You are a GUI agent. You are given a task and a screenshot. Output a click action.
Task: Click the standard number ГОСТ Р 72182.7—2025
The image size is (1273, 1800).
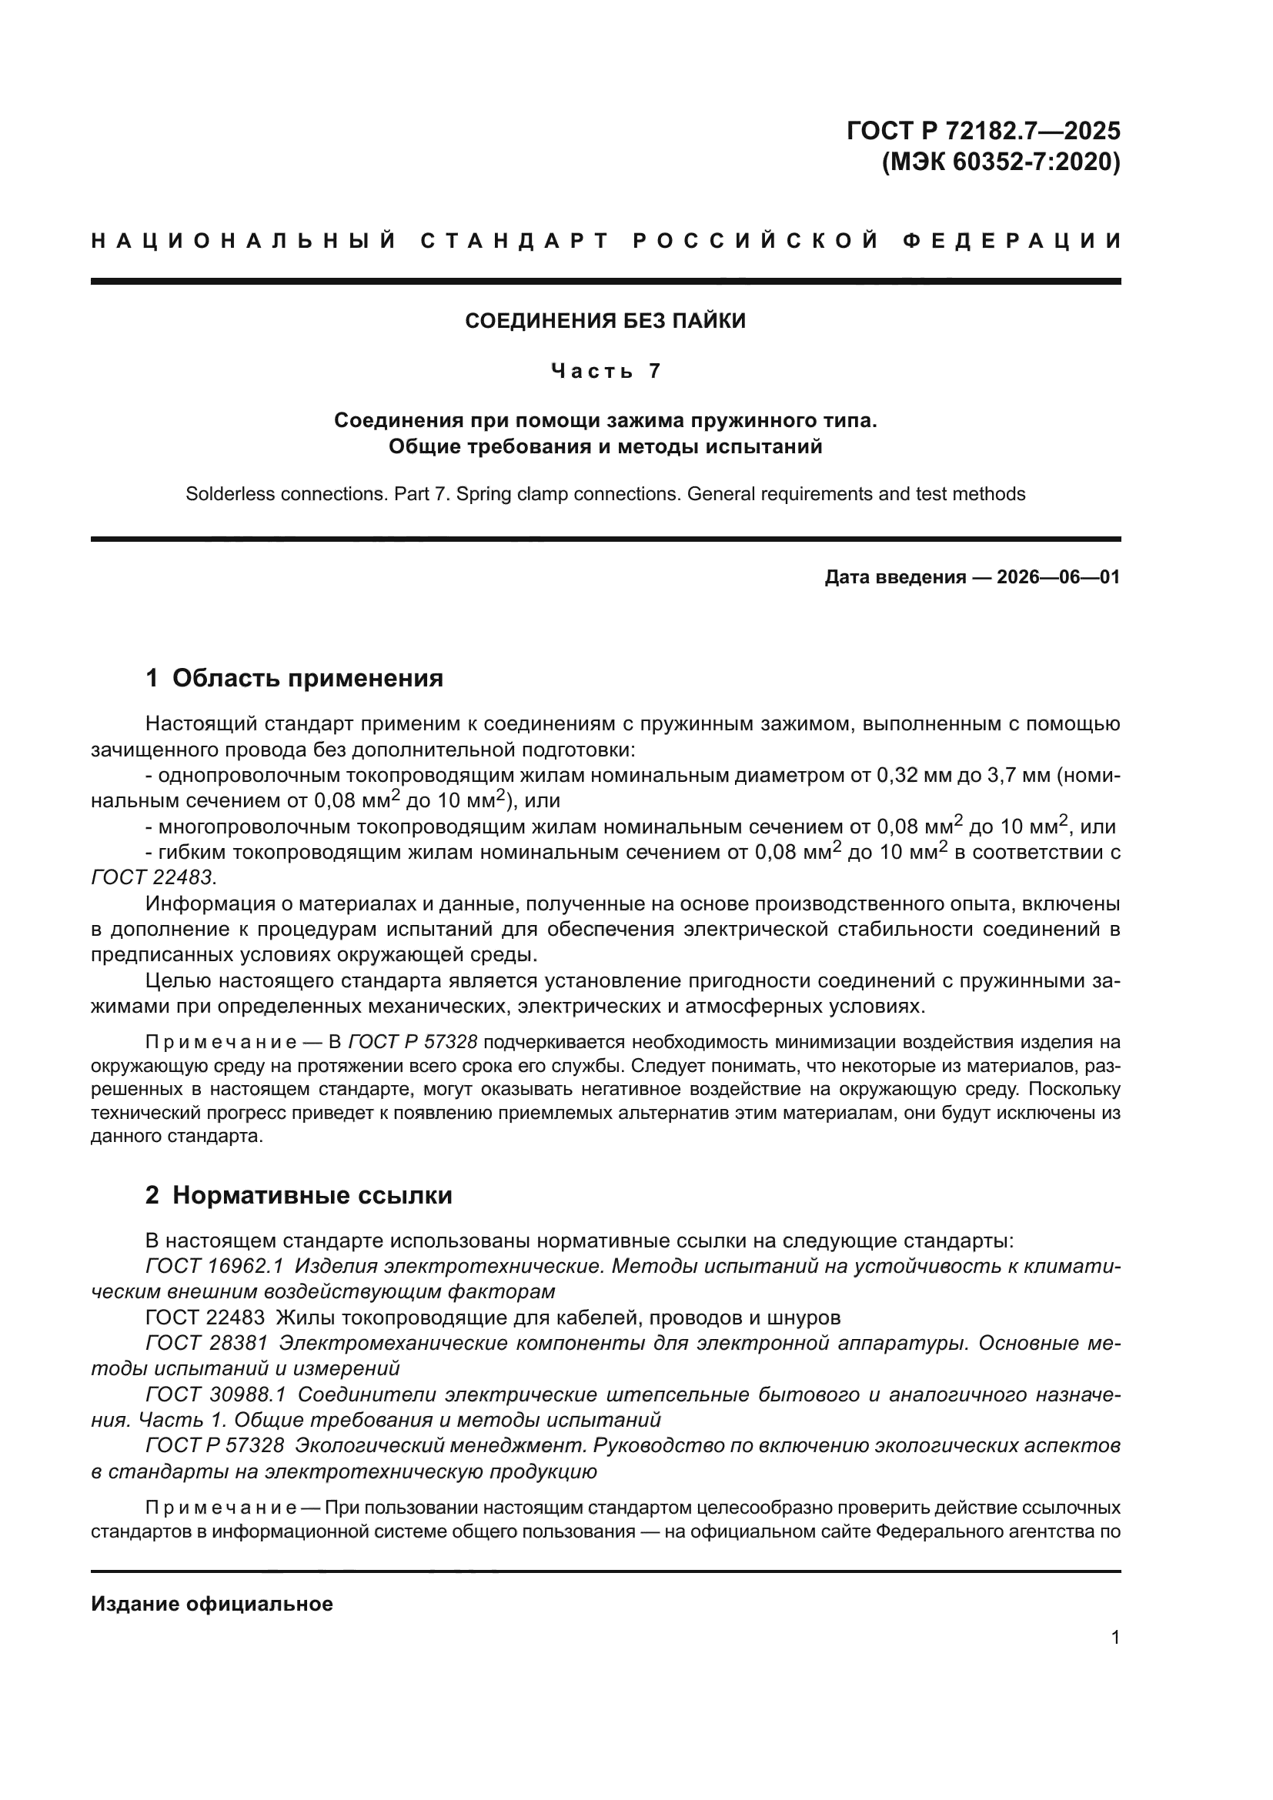(x=983, y=130)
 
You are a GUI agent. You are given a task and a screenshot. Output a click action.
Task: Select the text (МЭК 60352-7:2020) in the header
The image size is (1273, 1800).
(x=1001, y=162)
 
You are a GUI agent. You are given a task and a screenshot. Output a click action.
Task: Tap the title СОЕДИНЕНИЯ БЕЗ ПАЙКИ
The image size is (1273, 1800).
(x=605, y=321)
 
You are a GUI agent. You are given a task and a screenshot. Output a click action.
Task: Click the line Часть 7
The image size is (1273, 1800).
(x=605, y=370)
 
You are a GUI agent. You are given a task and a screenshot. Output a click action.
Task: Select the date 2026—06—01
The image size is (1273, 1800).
(x=1057, y=578)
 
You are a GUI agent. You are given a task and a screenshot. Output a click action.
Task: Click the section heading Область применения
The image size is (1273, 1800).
(x=307, y=678)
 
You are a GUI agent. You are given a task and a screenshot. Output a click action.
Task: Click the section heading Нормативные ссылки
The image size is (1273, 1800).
(x=312, y=1195)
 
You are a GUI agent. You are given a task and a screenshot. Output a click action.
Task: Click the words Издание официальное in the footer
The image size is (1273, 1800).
(x=212, y=1604)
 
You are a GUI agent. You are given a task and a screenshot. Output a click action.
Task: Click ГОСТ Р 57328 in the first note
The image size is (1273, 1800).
(x=413, y=1043)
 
